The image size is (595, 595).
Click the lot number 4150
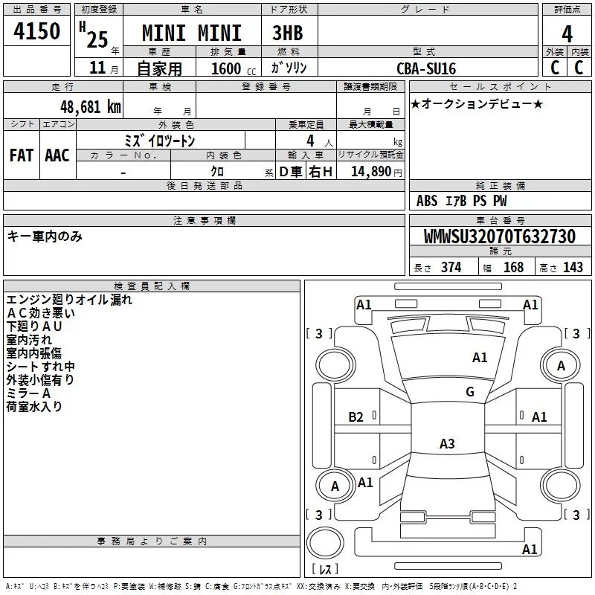[x=36, y=31]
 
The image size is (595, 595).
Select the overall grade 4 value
[x=567, y=33]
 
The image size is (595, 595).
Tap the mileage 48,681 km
[x=91, y=107]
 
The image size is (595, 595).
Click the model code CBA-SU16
[x=426, y=68]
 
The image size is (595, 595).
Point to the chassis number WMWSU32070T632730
[x=500, y=237]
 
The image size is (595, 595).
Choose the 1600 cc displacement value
[x=234, y=68]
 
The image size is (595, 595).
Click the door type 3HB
[x=288, y=33]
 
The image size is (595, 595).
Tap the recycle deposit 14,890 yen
[x=376, y=172]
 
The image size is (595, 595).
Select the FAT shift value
[x=22, y=155]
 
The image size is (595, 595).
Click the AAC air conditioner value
[x=57, y=155]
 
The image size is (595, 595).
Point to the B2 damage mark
[x=356, y=417]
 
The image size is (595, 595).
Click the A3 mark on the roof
[x=447, y=443]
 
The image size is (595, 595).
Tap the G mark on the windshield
[x=470, y=392]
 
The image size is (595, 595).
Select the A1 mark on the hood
[x=480, y=358]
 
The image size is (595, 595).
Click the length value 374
[x=451, y=267]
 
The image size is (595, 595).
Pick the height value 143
[x=573, y=267]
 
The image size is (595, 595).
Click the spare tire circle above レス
[x=325, y=543]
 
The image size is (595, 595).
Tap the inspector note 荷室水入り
[x=34, y=406]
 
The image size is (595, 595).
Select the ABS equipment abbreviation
[x=427, y=201]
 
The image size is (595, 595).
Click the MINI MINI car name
[x=192, y=33]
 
